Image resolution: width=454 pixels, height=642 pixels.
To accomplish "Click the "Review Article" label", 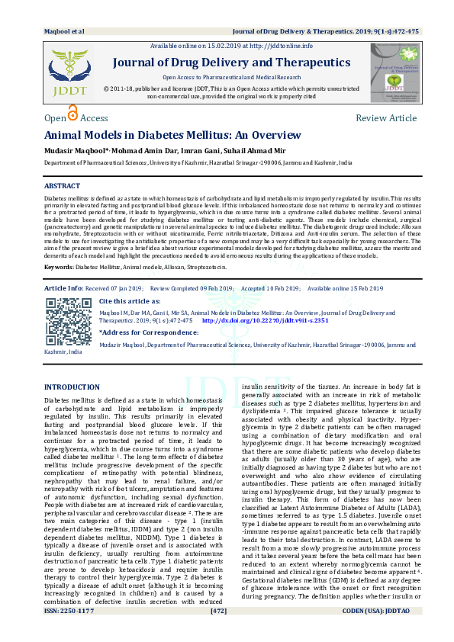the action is coord(386,118).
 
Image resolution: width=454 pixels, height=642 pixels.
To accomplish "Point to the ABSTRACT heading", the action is coord(62,186).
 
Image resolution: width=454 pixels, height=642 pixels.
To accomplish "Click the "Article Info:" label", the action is coord(64,288).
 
